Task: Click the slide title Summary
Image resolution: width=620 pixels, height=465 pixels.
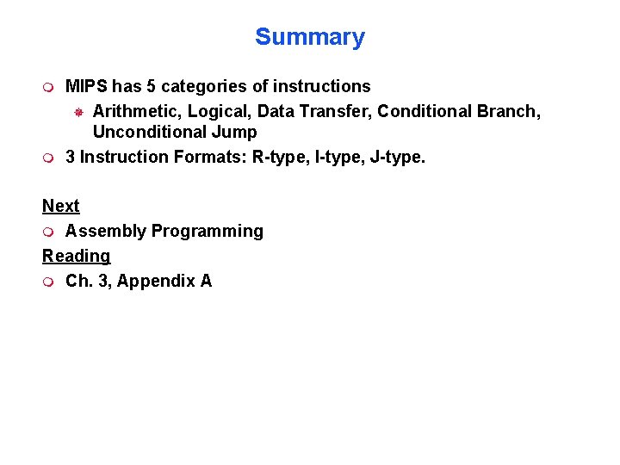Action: click(309, 37)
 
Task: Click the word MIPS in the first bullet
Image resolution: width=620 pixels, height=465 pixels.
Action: click(85, 86)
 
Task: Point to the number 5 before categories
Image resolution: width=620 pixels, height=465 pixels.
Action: click(152, 86)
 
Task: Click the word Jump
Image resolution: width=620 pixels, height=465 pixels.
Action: click(234, 132)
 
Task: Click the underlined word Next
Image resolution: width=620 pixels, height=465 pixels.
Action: click(60, 206)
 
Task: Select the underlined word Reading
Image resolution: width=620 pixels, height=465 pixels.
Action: click(76, 256)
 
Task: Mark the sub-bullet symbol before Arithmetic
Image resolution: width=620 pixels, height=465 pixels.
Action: click(77, 112)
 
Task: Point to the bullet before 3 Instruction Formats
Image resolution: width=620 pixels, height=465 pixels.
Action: click(48, 158)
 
